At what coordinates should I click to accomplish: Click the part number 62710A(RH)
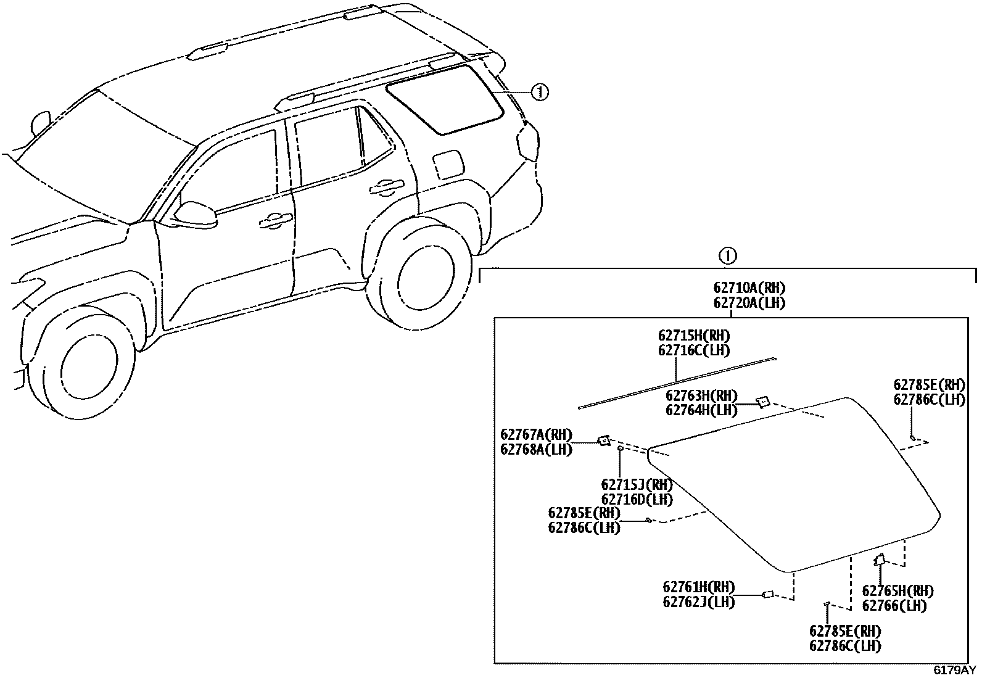(x=749, y=288)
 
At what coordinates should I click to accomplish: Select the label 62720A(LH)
(x=749, y=303)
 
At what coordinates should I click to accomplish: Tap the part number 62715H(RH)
(x=694, y=336)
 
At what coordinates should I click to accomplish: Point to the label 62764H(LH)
(x=701, y=410)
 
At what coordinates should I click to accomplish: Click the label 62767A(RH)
(x=536, y=435)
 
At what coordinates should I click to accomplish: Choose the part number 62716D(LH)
(x=637, y=499)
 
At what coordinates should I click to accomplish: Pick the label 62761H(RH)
(x=699, y=587)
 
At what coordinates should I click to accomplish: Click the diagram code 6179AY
(x=954, y=670)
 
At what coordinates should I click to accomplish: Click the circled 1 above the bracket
(x=728, y=255)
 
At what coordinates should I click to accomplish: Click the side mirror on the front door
(x=196, y=213)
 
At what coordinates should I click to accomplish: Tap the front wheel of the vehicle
(x=86, y=364)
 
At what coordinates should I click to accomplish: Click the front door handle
(x=276, y=220)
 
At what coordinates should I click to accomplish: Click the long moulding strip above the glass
(x=677, y=382)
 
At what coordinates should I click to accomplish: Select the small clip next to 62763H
(x=763, y=402)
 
